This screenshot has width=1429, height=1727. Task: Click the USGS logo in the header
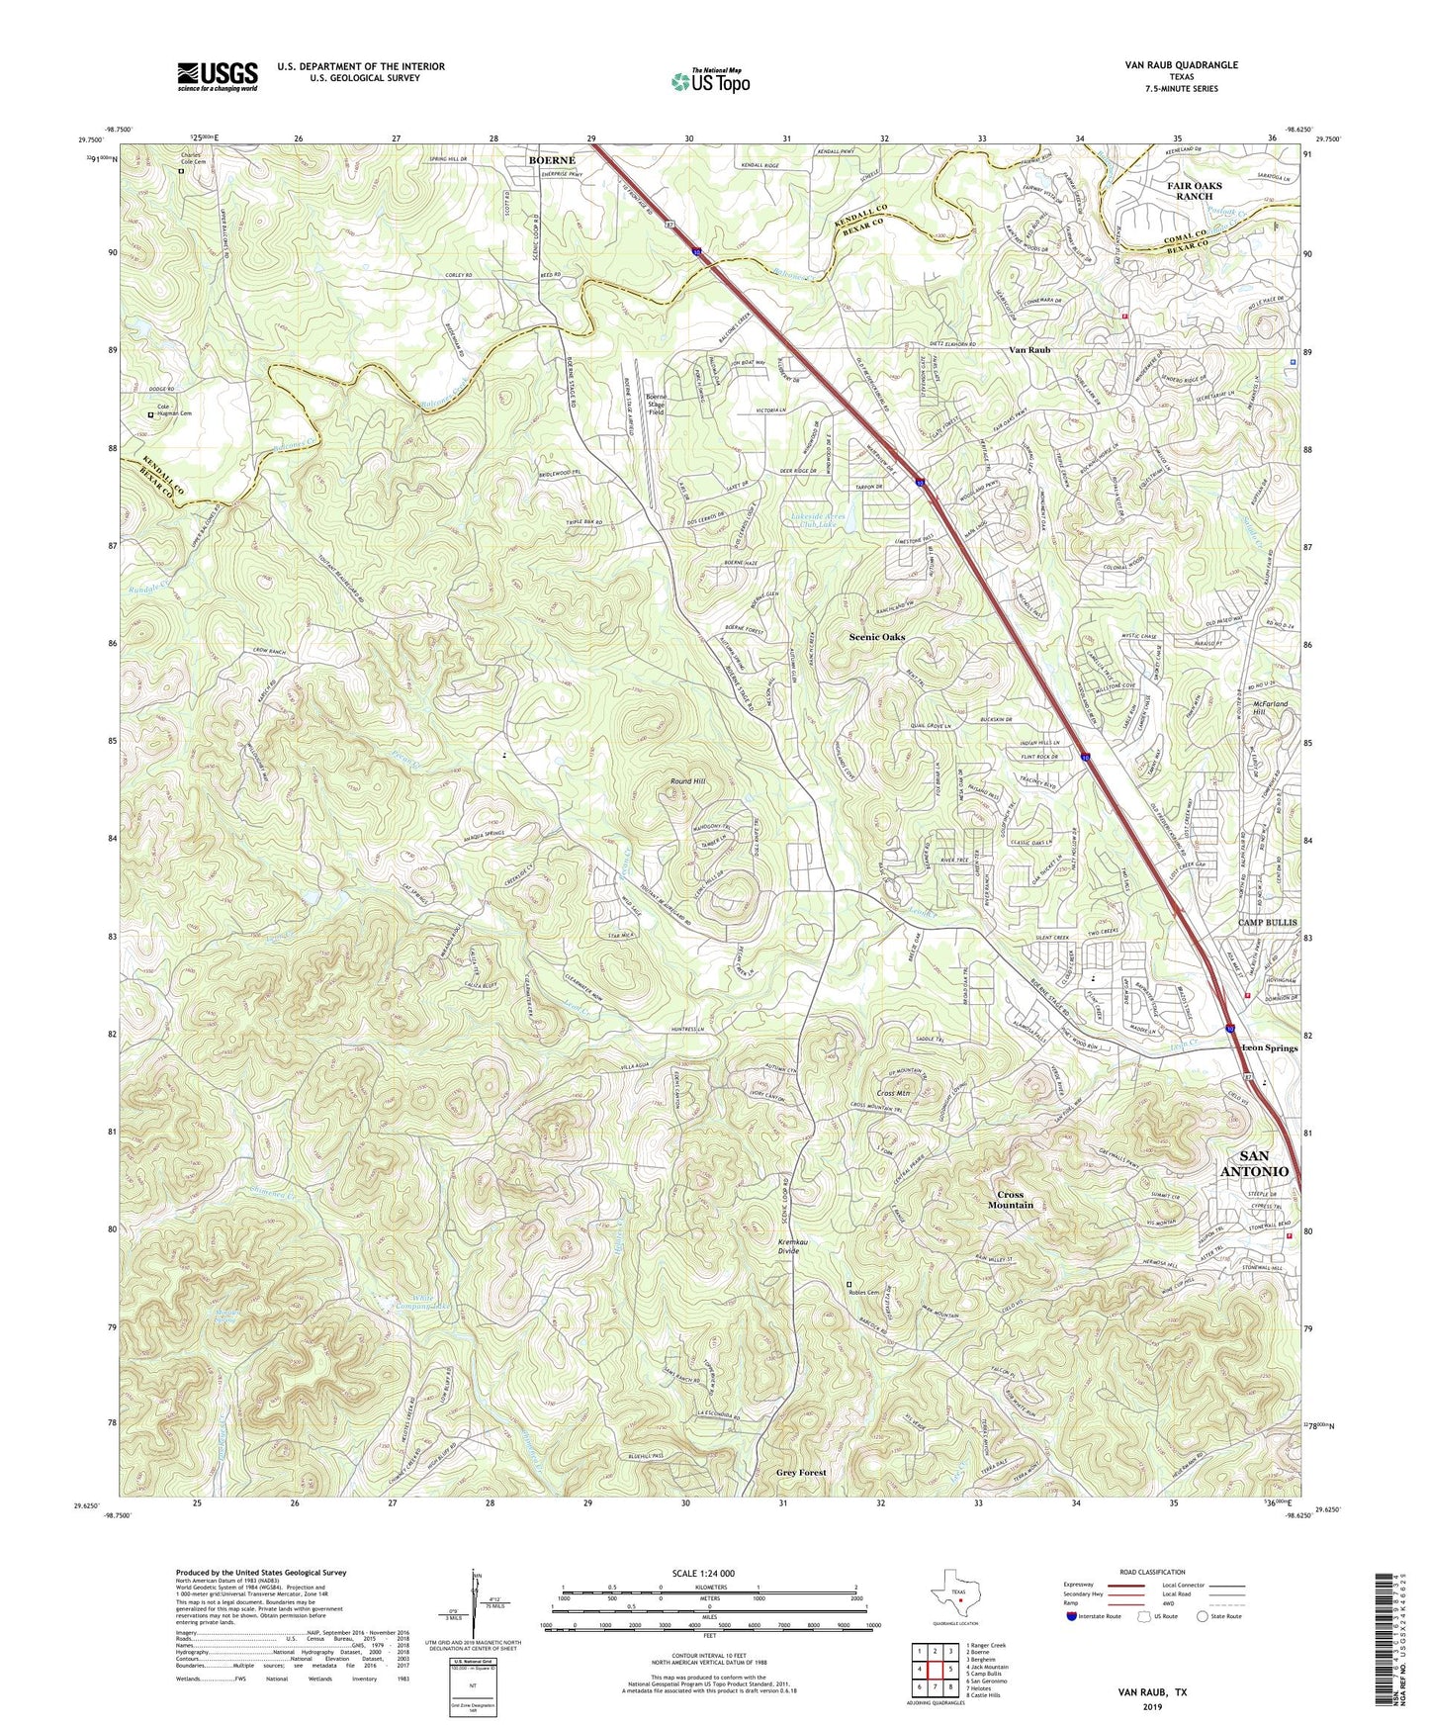click(x=218, y=75)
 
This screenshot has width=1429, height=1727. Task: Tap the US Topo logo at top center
click(x=709, y=81)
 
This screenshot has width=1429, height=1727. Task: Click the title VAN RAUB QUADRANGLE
click(x=1181, y=65)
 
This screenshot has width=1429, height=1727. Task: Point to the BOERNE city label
click(x=551, y=159)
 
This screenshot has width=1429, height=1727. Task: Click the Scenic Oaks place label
click(x=877, y=637)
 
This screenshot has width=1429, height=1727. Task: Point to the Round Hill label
click(x=688, y=781)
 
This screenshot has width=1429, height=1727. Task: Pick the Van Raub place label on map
click(x=1028, y=350)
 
